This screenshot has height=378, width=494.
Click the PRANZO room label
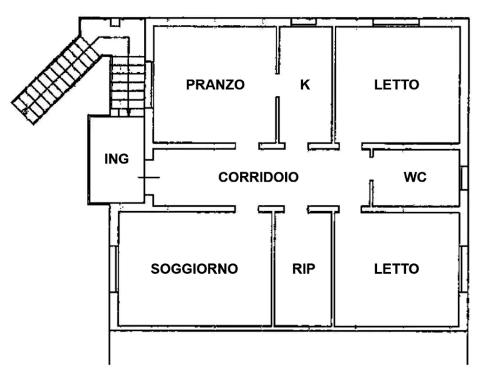tap(215, 84)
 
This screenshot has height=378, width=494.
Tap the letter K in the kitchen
tap(305, 84)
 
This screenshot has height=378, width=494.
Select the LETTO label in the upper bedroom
tap(397, 84)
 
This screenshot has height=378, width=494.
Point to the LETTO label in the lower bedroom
tap(397, 269)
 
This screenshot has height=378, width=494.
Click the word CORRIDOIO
tap(259, 177)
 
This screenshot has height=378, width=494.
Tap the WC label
tap(415, 177)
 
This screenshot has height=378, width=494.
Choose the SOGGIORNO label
tap(194, 269)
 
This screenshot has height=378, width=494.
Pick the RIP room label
tap(304, 269)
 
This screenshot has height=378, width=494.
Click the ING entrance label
tap(116, 158)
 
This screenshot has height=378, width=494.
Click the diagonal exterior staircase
tap(57, 80)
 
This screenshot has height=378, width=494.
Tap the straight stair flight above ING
tap(127, 85)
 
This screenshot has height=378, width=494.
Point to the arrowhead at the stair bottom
tap(129, 112)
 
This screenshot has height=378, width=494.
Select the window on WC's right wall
tap(463, 178)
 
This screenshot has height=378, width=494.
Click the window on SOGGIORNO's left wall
tap(114, 269)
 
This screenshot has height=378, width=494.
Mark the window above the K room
tap(303, 22)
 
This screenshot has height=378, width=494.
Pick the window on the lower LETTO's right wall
tap(463, 269)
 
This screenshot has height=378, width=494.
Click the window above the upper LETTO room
tap(396, 22)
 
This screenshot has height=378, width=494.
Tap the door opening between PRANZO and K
tap(277, 85)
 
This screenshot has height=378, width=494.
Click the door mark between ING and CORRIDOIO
tap(149, 177)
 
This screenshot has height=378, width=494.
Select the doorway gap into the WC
tap(371, 169)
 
